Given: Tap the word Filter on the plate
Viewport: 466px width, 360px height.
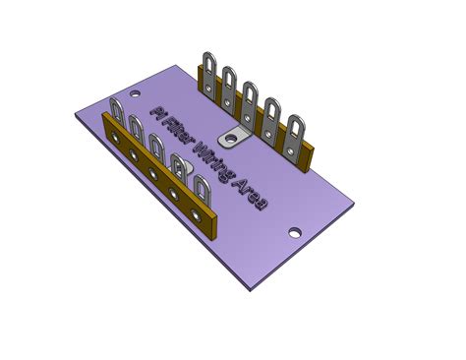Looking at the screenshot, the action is tap(179, 134).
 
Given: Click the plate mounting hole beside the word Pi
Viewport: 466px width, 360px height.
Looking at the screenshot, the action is tap(135, 93).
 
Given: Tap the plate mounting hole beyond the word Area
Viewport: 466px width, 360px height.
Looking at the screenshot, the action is tap(295, 233).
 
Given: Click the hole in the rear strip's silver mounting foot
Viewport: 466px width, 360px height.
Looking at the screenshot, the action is tap(232, 139).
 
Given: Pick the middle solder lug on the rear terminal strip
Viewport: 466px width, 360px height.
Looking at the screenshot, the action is tap(250, 104).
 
